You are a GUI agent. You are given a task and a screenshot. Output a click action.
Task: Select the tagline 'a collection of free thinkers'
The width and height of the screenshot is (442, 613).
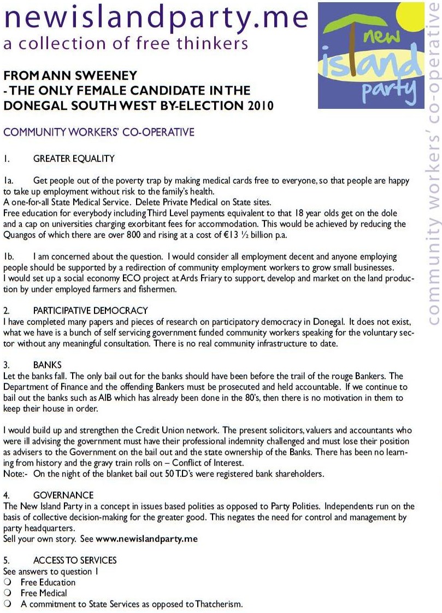[126, 44]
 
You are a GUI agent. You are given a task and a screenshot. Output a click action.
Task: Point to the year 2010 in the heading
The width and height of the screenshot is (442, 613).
[258, 106]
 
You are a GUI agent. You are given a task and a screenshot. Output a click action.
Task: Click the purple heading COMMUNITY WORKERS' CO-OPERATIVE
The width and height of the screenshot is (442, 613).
[99, 132]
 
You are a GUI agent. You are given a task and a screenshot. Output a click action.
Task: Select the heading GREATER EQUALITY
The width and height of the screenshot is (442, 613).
[74, 159]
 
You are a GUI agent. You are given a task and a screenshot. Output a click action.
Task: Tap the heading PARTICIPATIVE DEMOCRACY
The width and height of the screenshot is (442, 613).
[90, 311]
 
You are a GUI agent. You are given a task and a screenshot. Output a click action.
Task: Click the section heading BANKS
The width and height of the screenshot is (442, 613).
[47, 364]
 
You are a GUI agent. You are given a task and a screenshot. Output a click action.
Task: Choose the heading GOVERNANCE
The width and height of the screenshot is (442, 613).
[63, 495]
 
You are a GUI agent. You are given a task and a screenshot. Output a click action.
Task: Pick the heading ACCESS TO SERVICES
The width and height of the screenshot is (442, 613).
[75, 561]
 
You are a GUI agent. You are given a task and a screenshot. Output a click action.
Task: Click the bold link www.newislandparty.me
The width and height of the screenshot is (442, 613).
[146, 539]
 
